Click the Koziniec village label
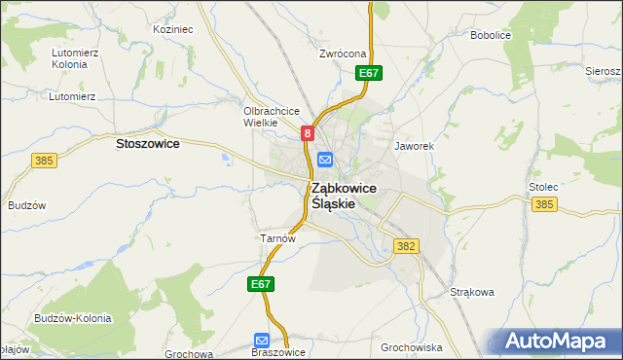[173, 29]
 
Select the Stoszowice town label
[147, 143]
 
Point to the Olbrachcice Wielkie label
[270, 117]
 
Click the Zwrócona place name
[342, 54]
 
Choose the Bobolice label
[491, 35]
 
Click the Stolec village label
[542, 185]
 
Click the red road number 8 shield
[307, 133]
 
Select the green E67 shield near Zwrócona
[368, 73]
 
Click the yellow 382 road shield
[406, 247]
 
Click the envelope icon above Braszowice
[263, 340]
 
